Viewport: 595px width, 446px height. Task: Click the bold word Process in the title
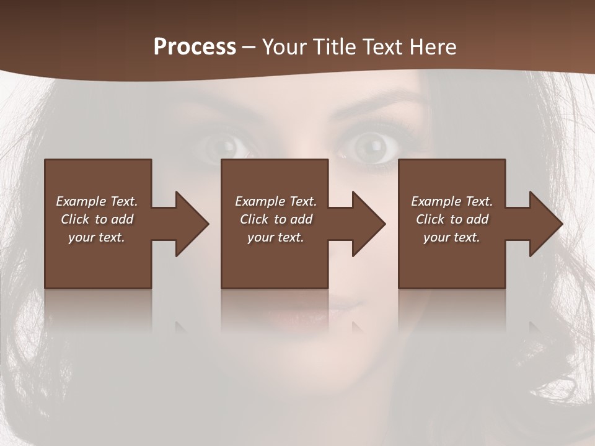(195, 46)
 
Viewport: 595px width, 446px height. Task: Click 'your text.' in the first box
(97, 237)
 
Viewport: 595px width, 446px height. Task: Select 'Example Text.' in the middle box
(275, 201)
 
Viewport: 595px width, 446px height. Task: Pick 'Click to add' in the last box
(452, 219)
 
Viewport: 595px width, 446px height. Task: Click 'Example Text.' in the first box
(97, 201)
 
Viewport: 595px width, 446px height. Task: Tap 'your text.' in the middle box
(275, 237)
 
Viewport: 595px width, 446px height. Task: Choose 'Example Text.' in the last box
(452, 201)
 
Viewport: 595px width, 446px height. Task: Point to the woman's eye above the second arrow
(369, 146)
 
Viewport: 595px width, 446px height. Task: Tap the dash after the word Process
(249, 47)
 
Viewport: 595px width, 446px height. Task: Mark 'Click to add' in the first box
(97, 219)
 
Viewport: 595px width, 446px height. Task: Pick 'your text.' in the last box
(452, 237)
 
